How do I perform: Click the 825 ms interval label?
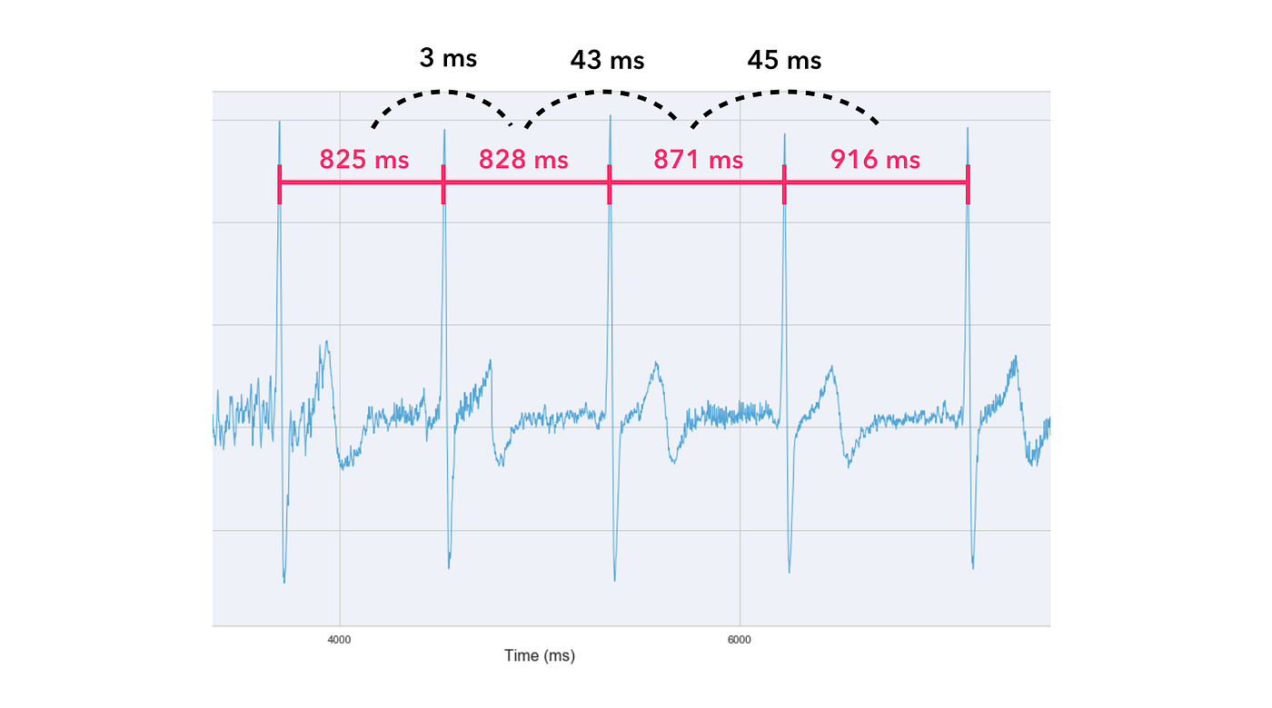pos(363,161)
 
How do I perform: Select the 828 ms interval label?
pos(523,161)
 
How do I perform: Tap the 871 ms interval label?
pos(698,161)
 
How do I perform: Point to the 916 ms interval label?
pos(875,161)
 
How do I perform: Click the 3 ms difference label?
pos(448,59)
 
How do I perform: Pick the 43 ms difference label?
pos(607,61)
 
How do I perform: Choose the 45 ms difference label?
pos(784,61)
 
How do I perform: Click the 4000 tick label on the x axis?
pos(339,639)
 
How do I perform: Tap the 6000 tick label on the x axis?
pos(740,639)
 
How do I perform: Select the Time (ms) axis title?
pos(540,655)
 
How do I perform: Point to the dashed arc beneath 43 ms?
pos(603,92)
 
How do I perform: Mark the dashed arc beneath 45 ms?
pos(785,92)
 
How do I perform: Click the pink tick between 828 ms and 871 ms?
pos(609,184)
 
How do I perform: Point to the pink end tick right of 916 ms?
pos(968,184)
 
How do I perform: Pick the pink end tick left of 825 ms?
pos(280,184)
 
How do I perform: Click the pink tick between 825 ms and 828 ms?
pos(443,184)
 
